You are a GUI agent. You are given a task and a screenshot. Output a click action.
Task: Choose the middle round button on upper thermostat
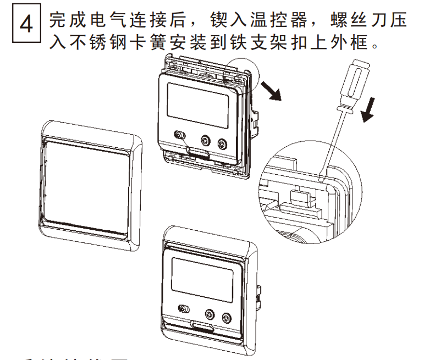206,141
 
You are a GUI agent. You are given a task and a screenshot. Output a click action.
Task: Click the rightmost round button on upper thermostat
222,144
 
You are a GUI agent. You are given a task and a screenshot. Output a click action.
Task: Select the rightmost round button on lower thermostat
226,317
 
